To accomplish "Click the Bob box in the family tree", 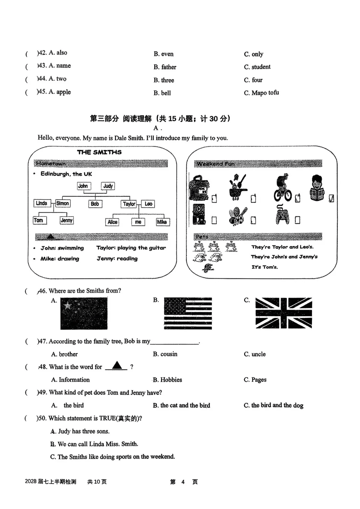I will click(x=95, y=204).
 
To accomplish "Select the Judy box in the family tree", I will click(x=108, y=186).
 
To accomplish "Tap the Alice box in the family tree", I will click(x=112, y=222).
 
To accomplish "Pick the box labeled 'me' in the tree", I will click(x=138, y=222).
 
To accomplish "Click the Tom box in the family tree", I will click(x=39, y=220).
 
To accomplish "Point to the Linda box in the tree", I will click(x=42, y=203).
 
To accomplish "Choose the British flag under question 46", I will click(x=283, y=313).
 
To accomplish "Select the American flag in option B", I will click(x=188, y=313).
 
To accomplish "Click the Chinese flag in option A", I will click(x=84, y=313).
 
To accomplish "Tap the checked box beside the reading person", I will click(x=331, y=198).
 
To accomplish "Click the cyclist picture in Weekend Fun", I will click(x=283, y=187).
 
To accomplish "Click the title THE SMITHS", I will click(x=99, y=152).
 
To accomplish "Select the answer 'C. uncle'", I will click(x=255, y=354).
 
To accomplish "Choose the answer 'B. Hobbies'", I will click(x=167, y=380).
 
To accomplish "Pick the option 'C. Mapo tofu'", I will click(x=261, y=93).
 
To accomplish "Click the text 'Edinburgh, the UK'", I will click(x=66, y=174).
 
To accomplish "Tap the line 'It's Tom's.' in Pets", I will click(x=265, y=267).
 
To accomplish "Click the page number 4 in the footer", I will click(x=183, y=482).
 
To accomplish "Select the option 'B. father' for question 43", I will click(x=165, y=67).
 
